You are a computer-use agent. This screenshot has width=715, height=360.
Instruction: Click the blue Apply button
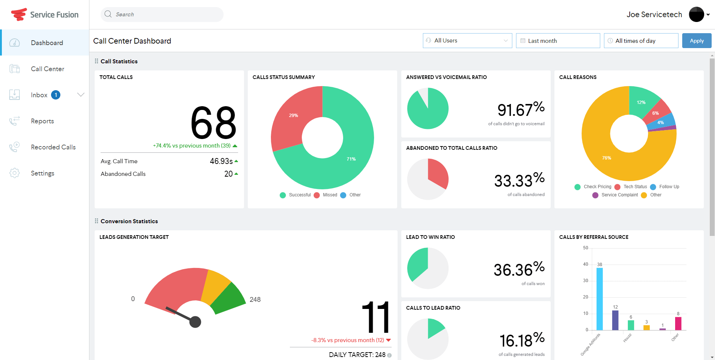click(x=696, y=41)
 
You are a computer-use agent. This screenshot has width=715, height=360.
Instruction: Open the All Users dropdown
click(x=467, y=41)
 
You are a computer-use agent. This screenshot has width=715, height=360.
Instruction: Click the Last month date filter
click(x=557, y=41)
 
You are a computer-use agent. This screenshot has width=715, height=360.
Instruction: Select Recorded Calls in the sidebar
click(x=53, y=147)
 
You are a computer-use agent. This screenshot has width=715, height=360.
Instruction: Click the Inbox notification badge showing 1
click(x=56, y=95)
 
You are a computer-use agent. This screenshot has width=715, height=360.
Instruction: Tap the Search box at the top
click(x=162, y=15)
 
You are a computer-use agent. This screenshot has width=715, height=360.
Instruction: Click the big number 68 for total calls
click(x=213, y=123)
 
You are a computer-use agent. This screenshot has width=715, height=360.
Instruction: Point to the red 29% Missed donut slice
click(x=294, y=116)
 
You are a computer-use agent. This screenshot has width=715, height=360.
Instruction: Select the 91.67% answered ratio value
click(x=521, y=109)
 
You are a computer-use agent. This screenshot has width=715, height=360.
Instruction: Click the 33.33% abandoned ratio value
click(x=519, y=180)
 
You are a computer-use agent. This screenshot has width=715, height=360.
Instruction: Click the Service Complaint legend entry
click(x=619, y=195)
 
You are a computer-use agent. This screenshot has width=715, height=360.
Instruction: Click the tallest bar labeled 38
click(x=599, y=298)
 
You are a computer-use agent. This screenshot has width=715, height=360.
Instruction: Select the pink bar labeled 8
click(x=678, y=323)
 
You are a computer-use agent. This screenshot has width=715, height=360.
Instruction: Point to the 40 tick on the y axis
click(x=585, y=264)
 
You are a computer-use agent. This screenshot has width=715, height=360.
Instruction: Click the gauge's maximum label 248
click(x=255, y=300)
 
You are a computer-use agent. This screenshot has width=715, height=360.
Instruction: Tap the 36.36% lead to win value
click(x=519, y=269)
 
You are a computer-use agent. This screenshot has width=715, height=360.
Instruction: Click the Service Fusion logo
click(x=45, y=15)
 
